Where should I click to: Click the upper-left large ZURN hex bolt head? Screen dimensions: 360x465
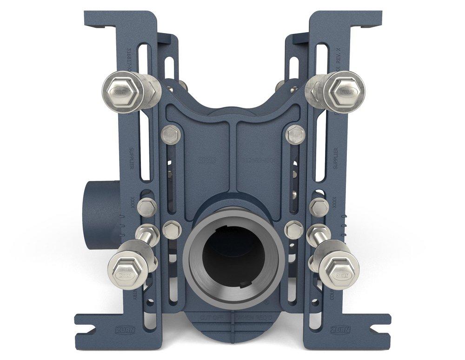(x=118, y=90)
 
